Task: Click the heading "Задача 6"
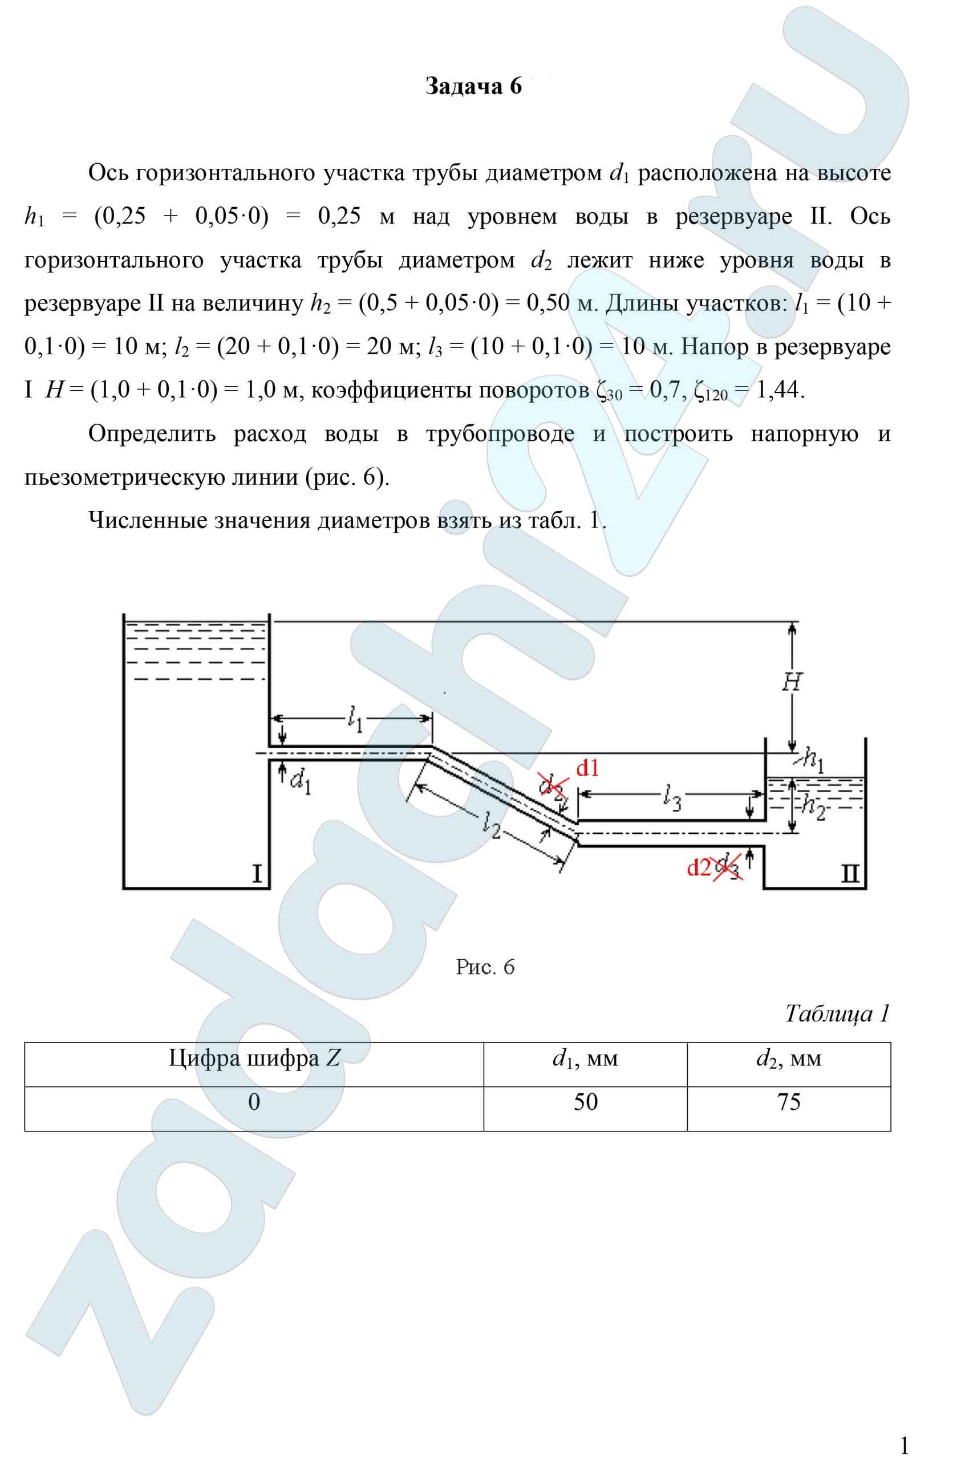473,87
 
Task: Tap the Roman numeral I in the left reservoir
258,874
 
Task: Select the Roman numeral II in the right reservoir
849,873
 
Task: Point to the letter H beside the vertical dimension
792,682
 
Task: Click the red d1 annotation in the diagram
587,768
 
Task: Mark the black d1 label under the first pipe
300,781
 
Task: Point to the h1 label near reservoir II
813,761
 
